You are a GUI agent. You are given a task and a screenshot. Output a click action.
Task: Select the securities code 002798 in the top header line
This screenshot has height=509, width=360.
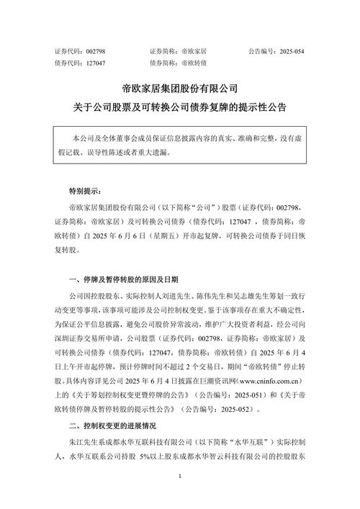point(96,53)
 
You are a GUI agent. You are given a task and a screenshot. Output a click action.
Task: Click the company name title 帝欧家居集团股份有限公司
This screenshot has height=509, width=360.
point(179,89)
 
